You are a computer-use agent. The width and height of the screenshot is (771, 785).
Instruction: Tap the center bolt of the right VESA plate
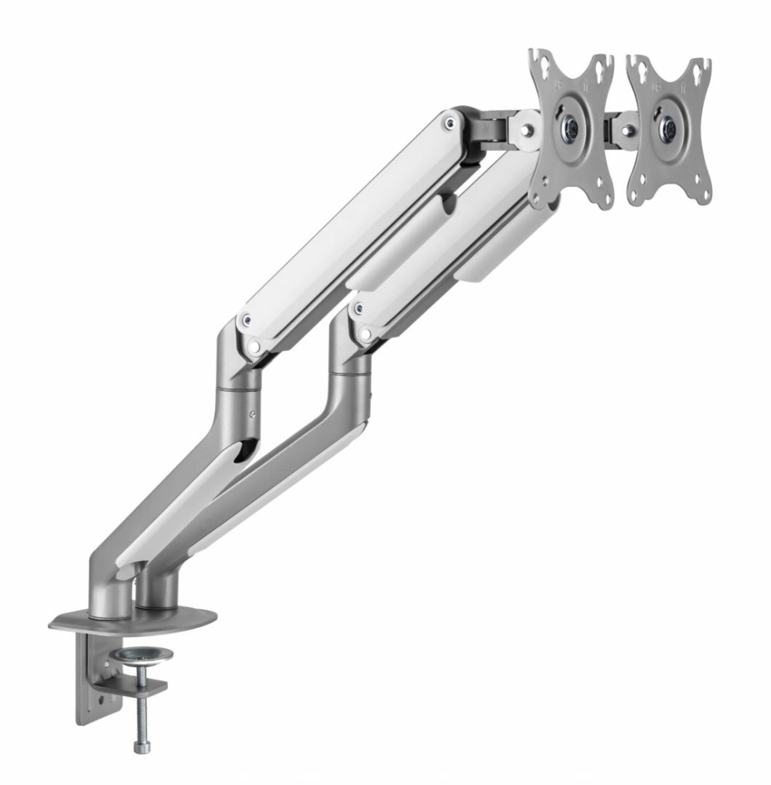pyautogui.click(x=668, y=126)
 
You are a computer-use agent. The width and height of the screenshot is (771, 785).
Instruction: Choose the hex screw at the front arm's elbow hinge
pyautogui.click(x=248, y=319)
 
